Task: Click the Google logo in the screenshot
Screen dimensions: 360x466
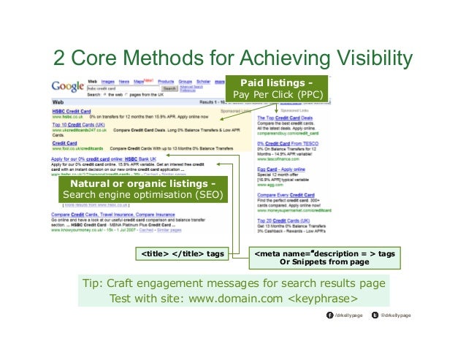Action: [67, 86]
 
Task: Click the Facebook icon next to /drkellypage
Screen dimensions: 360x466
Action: [329, 315]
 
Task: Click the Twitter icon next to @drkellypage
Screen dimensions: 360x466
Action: [375, 315]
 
